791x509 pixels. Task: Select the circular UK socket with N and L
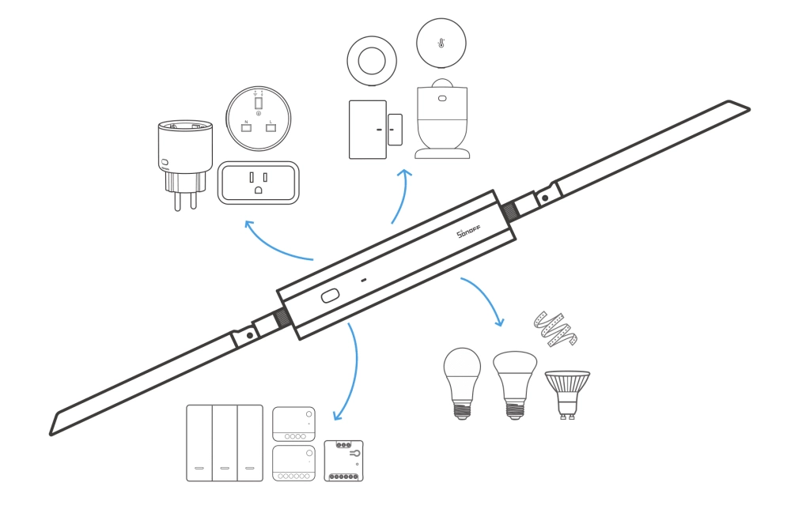click(259, 119)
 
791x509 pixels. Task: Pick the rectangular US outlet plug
click(259, 183)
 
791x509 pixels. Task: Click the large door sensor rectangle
click(368, 129)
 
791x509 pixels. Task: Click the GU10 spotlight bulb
click(566, 391)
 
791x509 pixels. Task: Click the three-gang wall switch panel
click(225, 443)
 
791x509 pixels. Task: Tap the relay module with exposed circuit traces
click(344, 461)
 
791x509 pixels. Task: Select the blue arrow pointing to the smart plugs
click(277, 247)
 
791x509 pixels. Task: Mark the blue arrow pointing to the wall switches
click(349, 371)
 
